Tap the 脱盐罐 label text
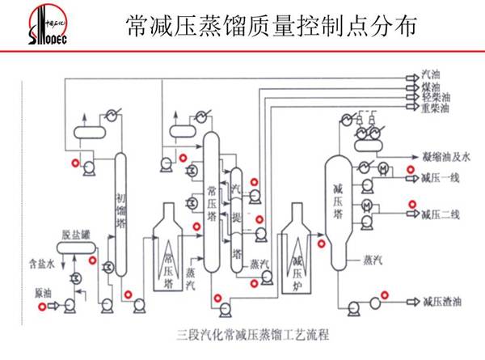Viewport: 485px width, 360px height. (x=74, y=235)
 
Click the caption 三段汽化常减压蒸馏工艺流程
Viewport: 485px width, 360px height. (x=242, y=332)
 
